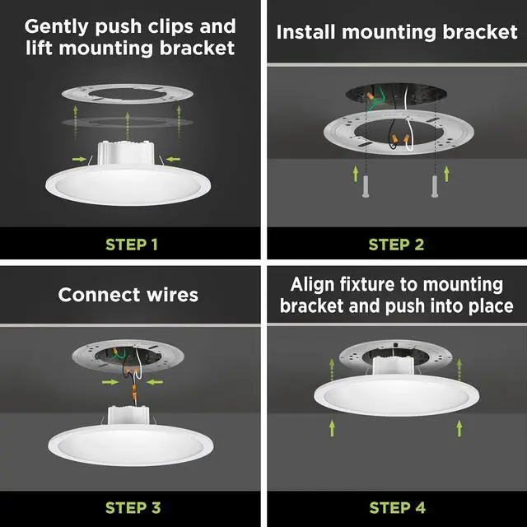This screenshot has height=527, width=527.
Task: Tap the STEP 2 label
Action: tap(395, 244)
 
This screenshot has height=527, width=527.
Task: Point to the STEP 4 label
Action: tap(395, 506)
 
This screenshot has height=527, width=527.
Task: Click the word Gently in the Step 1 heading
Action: tap(59, 27)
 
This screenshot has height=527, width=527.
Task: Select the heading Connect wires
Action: tap(128, 294)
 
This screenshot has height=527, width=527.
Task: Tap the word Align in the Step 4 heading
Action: tap(314, 285)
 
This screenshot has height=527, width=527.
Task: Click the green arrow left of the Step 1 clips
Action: tap(77, 157)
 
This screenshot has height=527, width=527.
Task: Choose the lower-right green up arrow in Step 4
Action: tap(459, 427)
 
